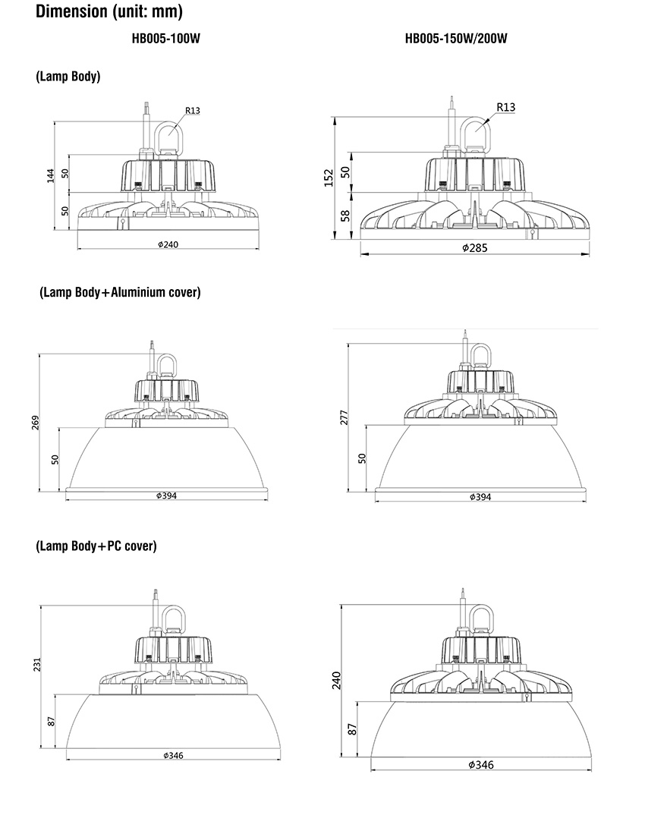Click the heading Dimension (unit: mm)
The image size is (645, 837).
pos(109,11)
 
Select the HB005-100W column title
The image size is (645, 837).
pos(166,39)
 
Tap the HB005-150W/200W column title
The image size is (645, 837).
pos(456,39)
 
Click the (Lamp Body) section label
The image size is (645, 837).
pos(68,77)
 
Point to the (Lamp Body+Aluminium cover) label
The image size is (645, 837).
pos(120,292)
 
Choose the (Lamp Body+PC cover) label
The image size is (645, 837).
pos(96,546)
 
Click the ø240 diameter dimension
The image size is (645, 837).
pos(168,244)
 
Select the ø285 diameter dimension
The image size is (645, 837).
pos(475,247)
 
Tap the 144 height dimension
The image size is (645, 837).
pos(51,175)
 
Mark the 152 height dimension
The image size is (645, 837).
pos(329,178)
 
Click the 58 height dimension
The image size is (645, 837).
pos(345,216)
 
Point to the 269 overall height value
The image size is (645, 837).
pos(35,423)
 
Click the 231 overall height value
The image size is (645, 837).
pos(37,665)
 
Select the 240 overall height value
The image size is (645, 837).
pos(336,680)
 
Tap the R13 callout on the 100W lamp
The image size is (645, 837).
pos(193,111)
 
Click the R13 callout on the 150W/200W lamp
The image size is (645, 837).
pos(506,107)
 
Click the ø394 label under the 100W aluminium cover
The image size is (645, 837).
pos(167,496)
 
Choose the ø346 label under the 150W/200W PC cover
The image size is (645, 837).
pos(481,765)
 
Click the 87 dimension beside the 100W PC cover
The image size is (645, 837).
pos(52,721)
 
